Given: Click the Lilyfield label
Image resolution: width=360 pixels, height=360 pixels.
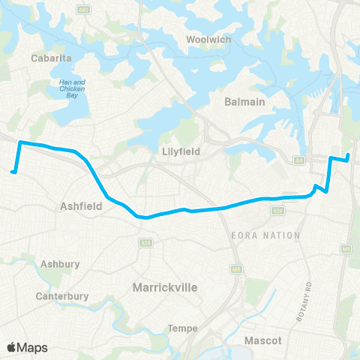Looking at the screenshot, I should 181,151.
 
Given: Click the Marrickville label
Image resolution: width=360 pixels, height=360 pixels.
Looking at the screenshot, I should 163,287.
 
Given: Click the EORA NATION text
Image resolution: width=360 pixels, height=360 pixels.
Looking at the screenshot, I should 266,235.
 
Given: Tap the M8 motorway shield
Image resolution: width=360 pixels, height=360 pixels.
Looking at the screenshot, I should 236,268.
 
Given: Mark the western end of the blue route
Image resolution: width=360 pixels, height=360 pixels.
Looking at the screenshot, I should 13,172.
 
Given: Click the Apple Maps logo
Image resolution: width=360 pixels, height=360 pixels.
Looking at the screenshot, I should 27,347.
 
